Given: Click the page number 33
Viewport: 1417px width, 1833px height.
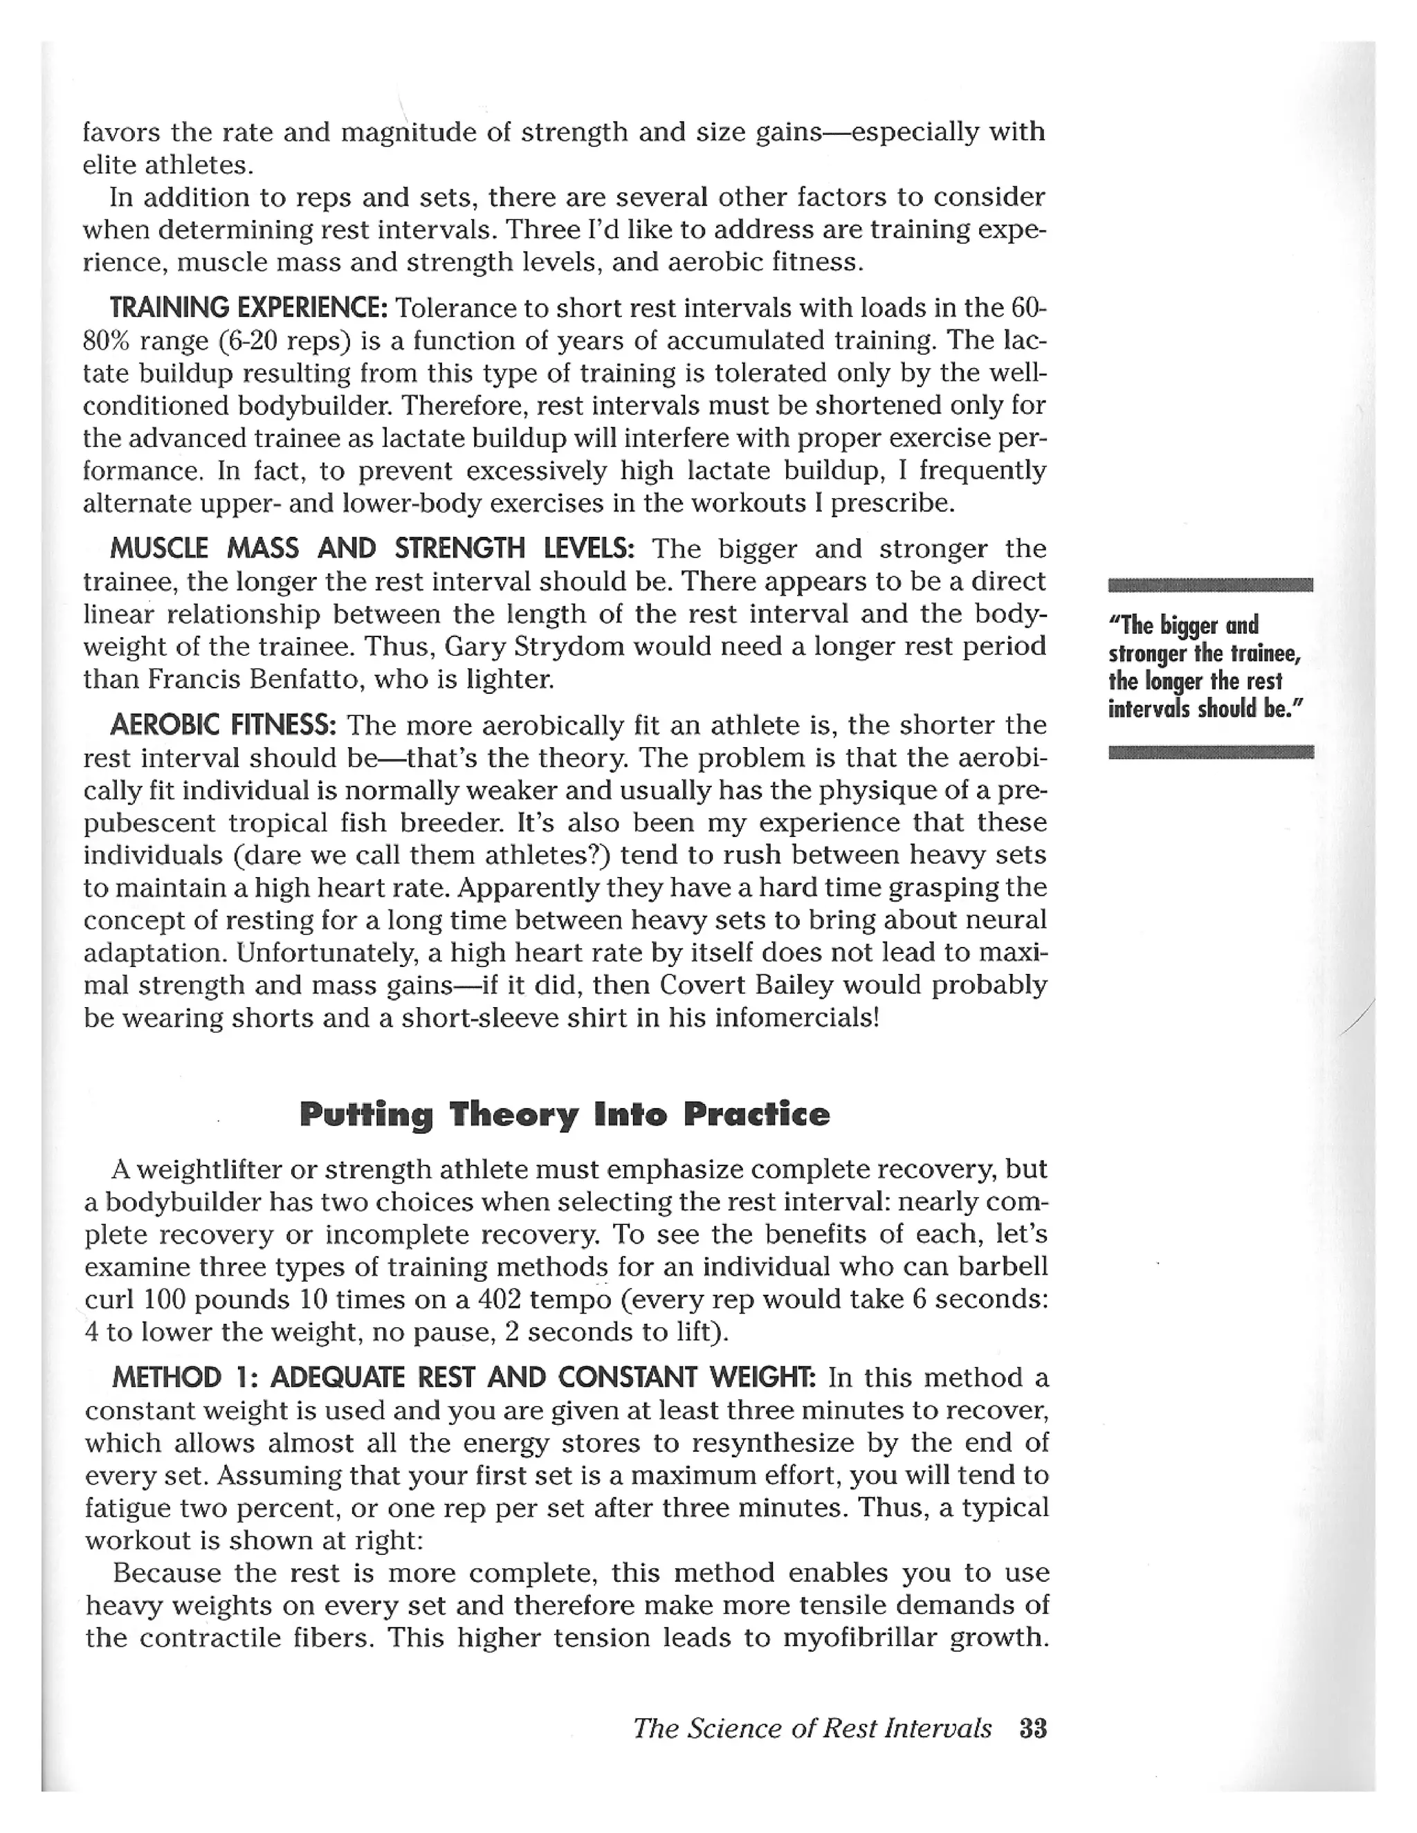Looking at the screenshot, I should (1032, 1729).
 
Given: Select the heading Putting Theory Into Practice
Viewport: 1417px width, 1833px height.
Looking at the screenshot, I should (564, 1114).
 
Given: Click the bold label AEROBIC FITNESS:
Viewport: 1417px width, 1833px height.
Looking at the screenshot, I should (223, 724).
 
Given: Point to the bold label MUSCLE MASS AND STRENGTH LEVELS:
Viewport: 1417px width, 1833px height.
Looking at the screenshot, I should (372, 549).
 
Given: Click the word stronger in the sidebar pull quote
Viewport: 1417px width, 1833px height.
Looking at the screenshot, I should (1146, 654).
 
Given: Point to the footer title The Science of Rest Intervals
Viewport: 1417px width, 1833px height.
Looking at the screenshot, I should (812, 1729).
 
